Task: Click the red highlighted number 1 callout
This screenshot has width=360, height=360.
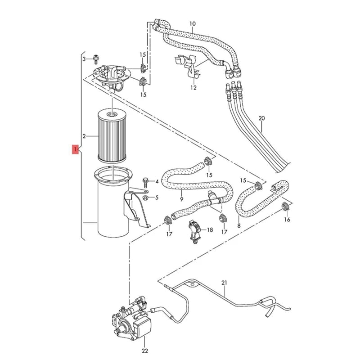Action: tap(74, 148)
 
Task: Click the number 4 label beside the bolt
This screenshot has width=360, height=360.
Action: tap(157, 182)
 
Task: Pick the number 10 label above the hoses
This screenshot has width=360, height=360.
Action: tap(193, 23)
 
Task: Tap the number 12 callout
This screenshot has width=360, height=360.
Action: tap(193, 88)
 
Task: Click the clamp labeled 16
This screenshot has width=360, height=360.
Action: tap(284, 207)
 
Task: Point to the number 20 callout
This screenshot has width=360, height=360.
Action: tap(262, 118)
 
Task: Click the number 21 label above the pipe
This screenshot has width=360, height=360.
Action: tap(225, 283)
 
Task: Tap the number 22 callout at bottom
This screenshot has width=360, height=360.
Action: tap(132, 351)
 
